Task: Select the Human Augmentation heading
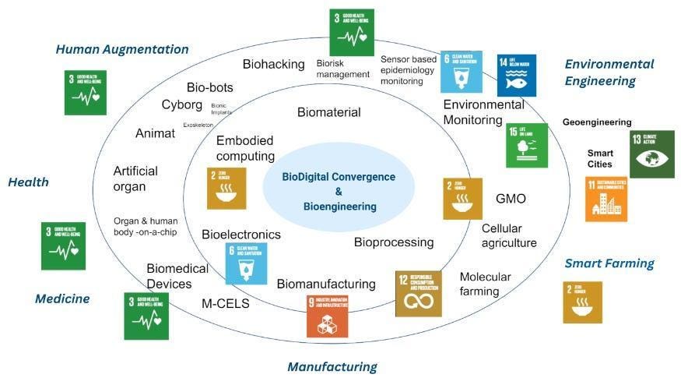click(122, 49)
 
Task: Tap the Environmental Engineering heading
click(609, 72)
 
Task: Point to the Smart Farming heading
click(609, 263)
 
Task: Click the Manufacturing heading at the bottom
click(332, 366)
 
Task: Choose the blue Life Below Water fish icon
click(516, 75)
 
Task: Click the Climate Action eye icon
click(651, 154)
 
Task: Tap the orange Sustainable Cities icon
click(606, 199)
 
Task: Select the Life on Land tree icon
click(526, 146)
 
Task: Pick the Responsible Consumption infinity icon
click(418, 293)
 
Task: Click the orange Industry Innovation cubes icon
click(327, 315)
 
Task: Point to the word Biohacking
click(273, 64)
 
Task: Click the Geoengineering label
click(597, 122)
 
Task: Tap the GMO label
click(511, 199)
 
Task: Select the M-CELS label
click(225, 303)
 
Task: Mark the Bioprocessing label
click(394, 242)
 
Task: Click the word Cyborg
click(182, 104)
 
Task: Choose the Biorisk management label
click(342, 68)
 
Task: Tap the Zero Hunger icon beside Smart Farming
click(582, 302)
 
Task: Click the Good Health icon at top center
click(352, 33)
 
